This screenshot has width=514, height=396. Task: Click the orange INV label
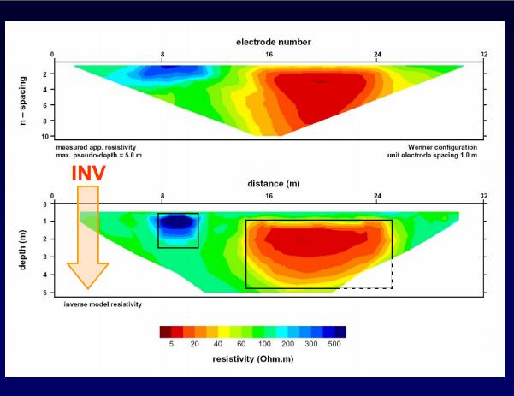tap(88, 173)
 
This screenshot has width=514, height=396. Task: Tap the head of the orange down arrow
tap(88, 275)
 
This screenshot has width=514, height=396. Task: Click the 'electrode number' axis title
tap(274, 42)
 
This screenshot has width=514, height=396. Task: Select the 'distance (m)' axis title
tap(274, 184)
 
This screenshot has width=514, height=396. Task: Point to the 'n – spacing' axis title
tap(22, 101)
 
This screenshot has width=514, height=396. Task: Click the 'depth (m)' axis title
tap(22, 250)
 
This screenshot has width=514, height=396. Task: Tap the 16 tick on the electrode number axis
tap(269, 55)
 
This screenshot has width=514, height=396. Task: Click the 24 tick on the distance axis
tap(377, 196)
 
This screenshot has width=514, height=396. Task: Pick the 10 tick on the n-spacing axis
tap(45, 136)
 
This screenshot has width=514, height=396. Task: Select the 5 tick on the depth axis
tap(45, 293)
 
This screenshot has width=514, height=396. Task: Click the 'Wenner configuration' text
tap(442, 147)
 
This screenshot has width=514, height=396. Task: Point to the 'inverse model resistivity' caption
tap(103, 304)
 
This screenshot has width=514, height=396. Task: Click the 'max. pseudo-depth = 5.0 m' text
tap(98, 155)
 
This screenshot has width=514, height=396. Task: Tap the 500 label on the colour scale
tap(334, 344)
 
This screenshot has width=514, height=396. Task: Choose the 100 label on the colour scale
tap(264, 344)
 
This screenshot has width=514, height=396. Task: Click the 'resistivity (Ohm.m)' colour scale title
tap(253, 359)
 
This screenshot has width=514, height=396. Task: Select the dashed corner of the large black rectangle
tap(392, 288)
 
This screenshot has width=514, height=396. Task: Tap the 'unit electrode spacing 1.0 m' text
tap(432, 155)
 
